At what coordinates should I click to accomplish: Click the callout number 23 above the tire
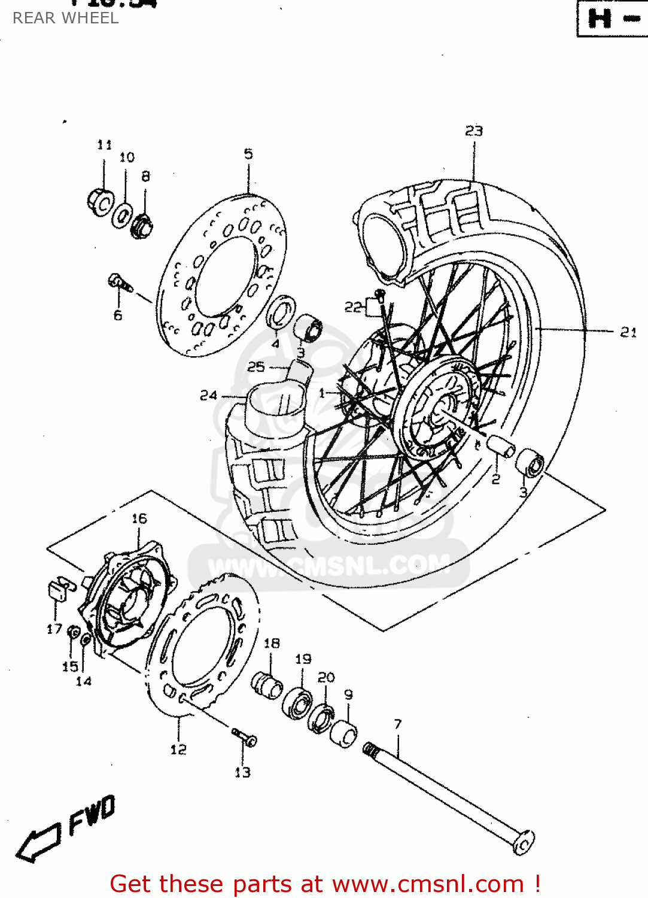[474, 131]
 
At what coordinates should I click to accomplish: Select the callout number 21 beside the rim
[628, 332]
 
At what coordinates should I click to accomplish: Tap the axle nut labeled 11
[101, 201]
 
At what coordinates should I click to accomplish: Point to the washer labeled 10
[123, 216]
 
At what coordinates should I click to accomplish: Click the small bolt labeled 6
[120, 283]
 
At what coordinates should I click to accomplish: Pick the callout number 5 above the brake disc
[248, 154]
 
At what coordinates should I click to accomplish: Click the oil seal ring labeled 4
[281, 312]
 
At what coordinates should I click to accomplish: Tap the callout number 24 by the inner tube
[208, 395]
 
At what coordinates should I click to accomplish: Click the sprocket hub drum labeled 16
[129, 599]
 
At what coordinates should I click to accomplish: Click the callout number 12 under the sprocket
[178, 750]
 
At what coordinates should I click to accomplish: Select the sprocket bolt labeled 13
[245, 737]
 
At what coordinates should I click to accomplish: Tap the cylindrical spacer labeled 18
[267, 684]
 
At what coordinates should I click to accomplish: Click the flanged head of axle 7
[522, 843]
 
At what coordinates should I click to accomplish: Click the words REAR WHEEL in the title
[65, 18]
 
